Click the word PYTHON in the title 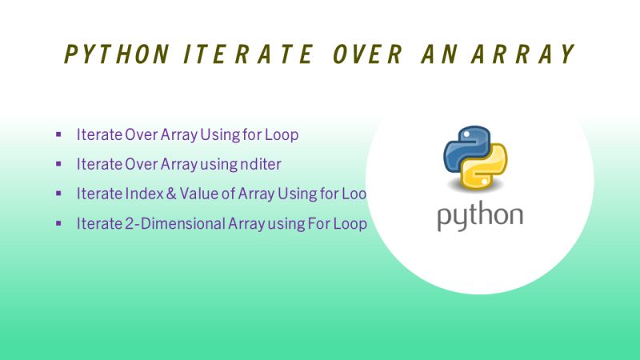click(x=117, y=54)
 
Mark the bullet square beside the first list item click(x=58, y=134)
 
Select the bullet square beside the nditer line click(x=58, y=164)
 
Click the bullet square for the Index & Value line click(x=58, y=194)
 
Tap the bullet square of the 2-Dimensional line click(x=58, y=223)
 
